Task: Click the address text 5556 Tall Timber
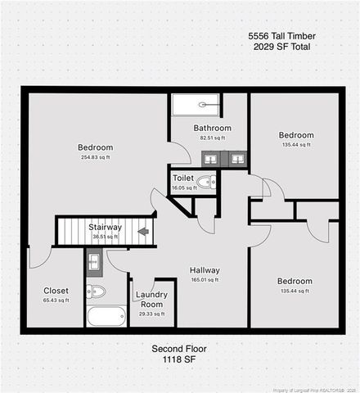pyautogui.click(x=281, y=36)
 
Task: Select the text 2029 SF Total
pyautogui.click(x=281, y=47)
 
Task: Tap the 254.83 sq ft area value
pyautogui.click(x=95, y=157)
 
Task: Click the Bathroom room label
pyautogui.click(x=212, y=128)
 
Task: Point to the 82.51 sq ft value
pyautogui.click(x=212, y=138)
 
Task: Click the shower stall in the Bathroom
pyautogui.click(x=196, y=106)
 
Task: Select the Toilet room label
pyautogui.click(x=183, y=178)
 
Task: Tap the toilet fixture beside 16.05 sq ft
pyautogui.click(x=207, y=182)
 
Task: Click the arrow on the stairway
pyautogui.click(x=144, y=231)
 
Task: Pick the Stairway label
pyautogui.click(x=105, y=227)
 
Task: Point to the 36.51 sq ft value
pyautogui.click(x=105, y=237)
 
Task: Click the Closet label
pyautogui.click(x=56, y=291)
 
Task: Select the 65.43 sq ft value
pyautogui.click(x=56, y=300)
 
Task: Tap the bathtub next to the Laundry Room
pyautogui.click(x=106, y=316)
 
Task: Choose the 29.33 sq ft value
pyautogui.click(x=151, y=314)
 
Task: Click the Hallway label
pyautogui.click(x=205, y=270)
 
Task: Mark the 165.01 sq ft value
pyautogui.click(x=205, y=280)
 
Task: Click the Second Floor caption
pyautogui.click(x=179, y=349)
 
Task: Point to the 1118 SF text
pyautogui.click(x=179, y=359)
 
